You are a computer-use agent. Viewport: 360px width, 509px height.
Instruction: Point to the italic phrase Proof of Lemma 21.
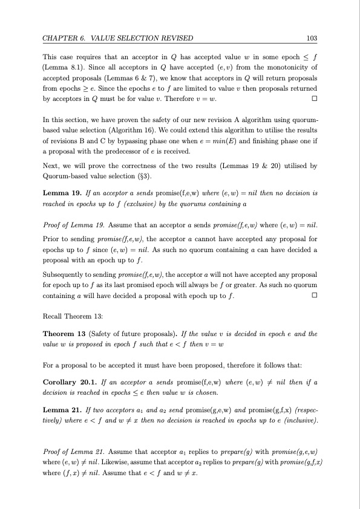[x=71, y=451]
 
